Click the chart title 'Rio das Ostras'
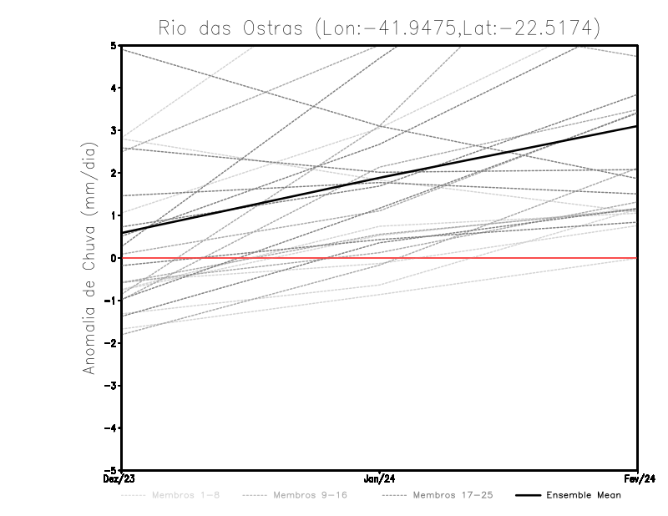230,28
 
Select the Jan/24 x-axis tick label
380,478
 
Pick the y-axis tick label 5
114,45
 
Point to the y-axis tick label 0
114,258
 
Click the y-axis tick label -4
112,428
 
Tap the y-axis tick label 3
114,130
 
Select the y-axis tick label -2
112,343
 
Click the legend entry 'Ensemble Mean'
583,495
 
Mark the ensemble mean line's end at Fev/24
637,126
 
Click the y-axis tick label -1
112,301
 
